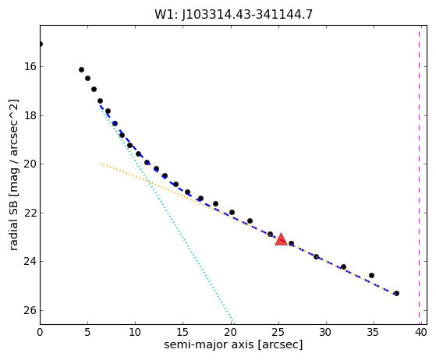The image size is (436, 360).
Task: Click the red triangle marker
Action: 281,240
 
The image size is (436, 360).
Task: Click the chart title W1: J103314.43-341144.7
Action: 233,15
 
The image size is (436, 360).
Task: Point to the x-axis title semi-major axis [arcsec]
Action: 233,344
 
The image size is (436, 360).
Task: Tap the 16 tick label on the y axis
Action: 30,67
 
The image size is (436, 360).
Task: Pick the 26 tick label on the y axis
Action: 30,310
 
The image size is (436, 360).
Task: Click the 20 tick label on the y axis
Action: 30,164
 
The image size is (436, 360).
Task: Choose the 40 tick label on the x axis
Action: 421,332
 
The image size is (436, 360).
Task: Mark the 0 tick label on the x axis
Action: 40,332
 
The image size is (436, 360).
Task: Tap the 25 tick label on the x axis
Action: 278,332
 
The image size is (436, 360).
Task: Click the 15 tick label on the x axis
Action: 183,332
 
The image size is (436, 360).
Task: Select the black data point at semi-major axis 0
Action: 41,44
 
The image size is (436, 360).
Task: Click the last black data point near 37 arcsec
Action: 396,293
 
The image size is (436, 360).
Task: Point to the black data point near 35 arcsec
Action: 371,276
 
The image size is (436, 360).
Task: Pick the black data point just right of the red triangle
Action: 291,244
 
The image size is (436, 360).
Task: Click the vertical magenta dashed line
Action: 420,175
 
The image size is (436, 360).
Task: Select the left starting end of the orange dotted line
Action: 101,164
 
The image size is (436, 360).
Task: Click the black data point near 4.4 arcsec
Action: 81,69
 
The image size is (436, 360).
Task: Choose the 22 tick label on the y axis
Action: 30,213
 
